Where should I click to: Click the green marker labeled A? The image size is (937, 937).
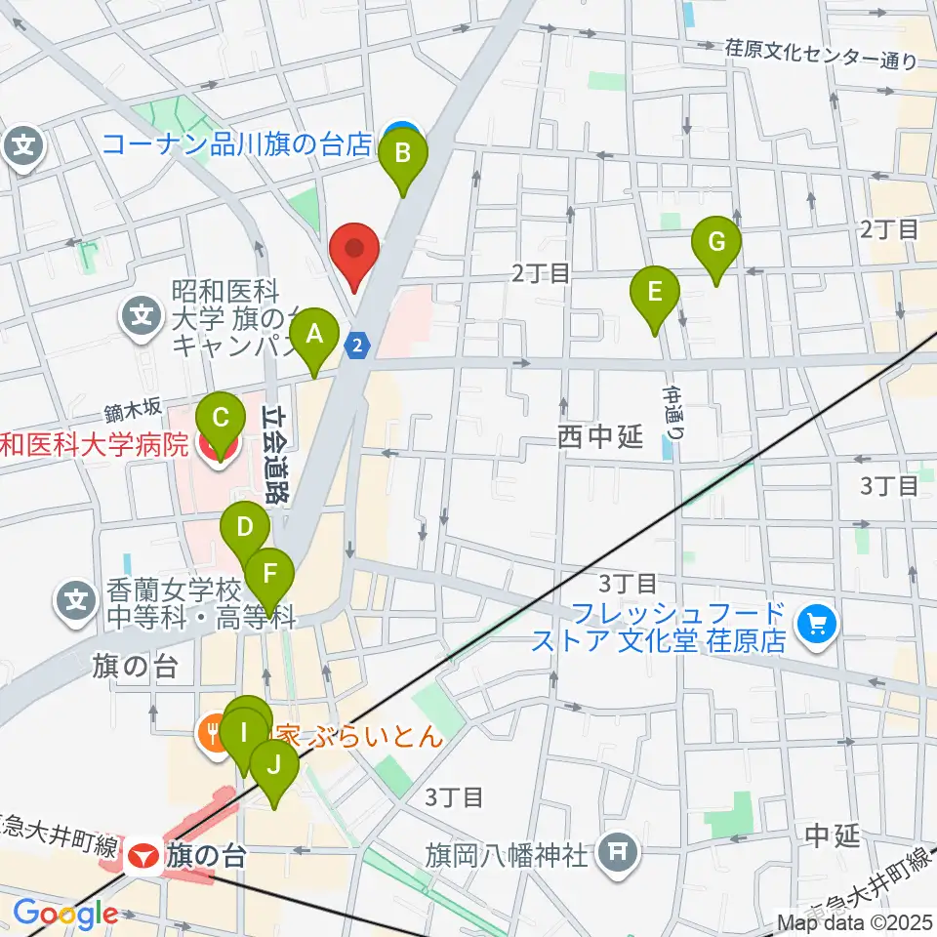[314, 336]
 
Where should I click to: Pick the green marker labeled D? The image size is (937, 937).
[244, 531]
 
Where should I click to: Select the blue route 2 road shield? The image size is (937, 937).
[358, 344]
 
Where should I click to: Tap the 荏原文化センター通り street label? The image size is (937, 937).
[820, 54]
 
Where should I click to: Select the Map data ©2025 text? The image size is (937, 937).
[854, 921]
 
